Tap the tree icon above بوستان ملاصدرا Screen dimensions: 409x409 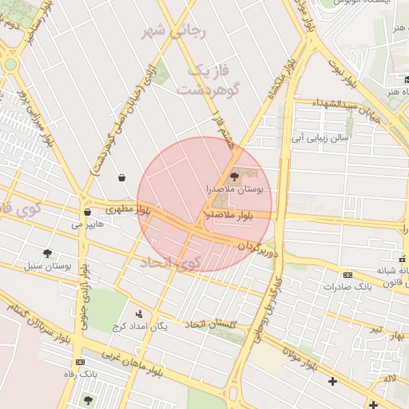[x=234, y=177]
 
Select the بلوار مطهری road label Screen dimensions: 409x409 [x=129, y=210]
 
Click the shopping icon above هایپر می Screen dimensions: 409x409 [x=86, y=212]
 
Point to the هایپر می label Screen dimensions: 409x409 [x=88, y=225]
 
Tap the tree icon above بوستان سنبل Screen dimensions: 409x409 [x=49, y=252]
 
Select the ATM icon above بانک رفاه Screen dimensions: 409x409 [x=78, y=362]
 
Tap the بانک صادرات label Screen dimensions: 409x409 [x=351, y=286]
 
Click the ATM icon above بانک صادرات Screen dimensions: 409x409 [x=347, y=275]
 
